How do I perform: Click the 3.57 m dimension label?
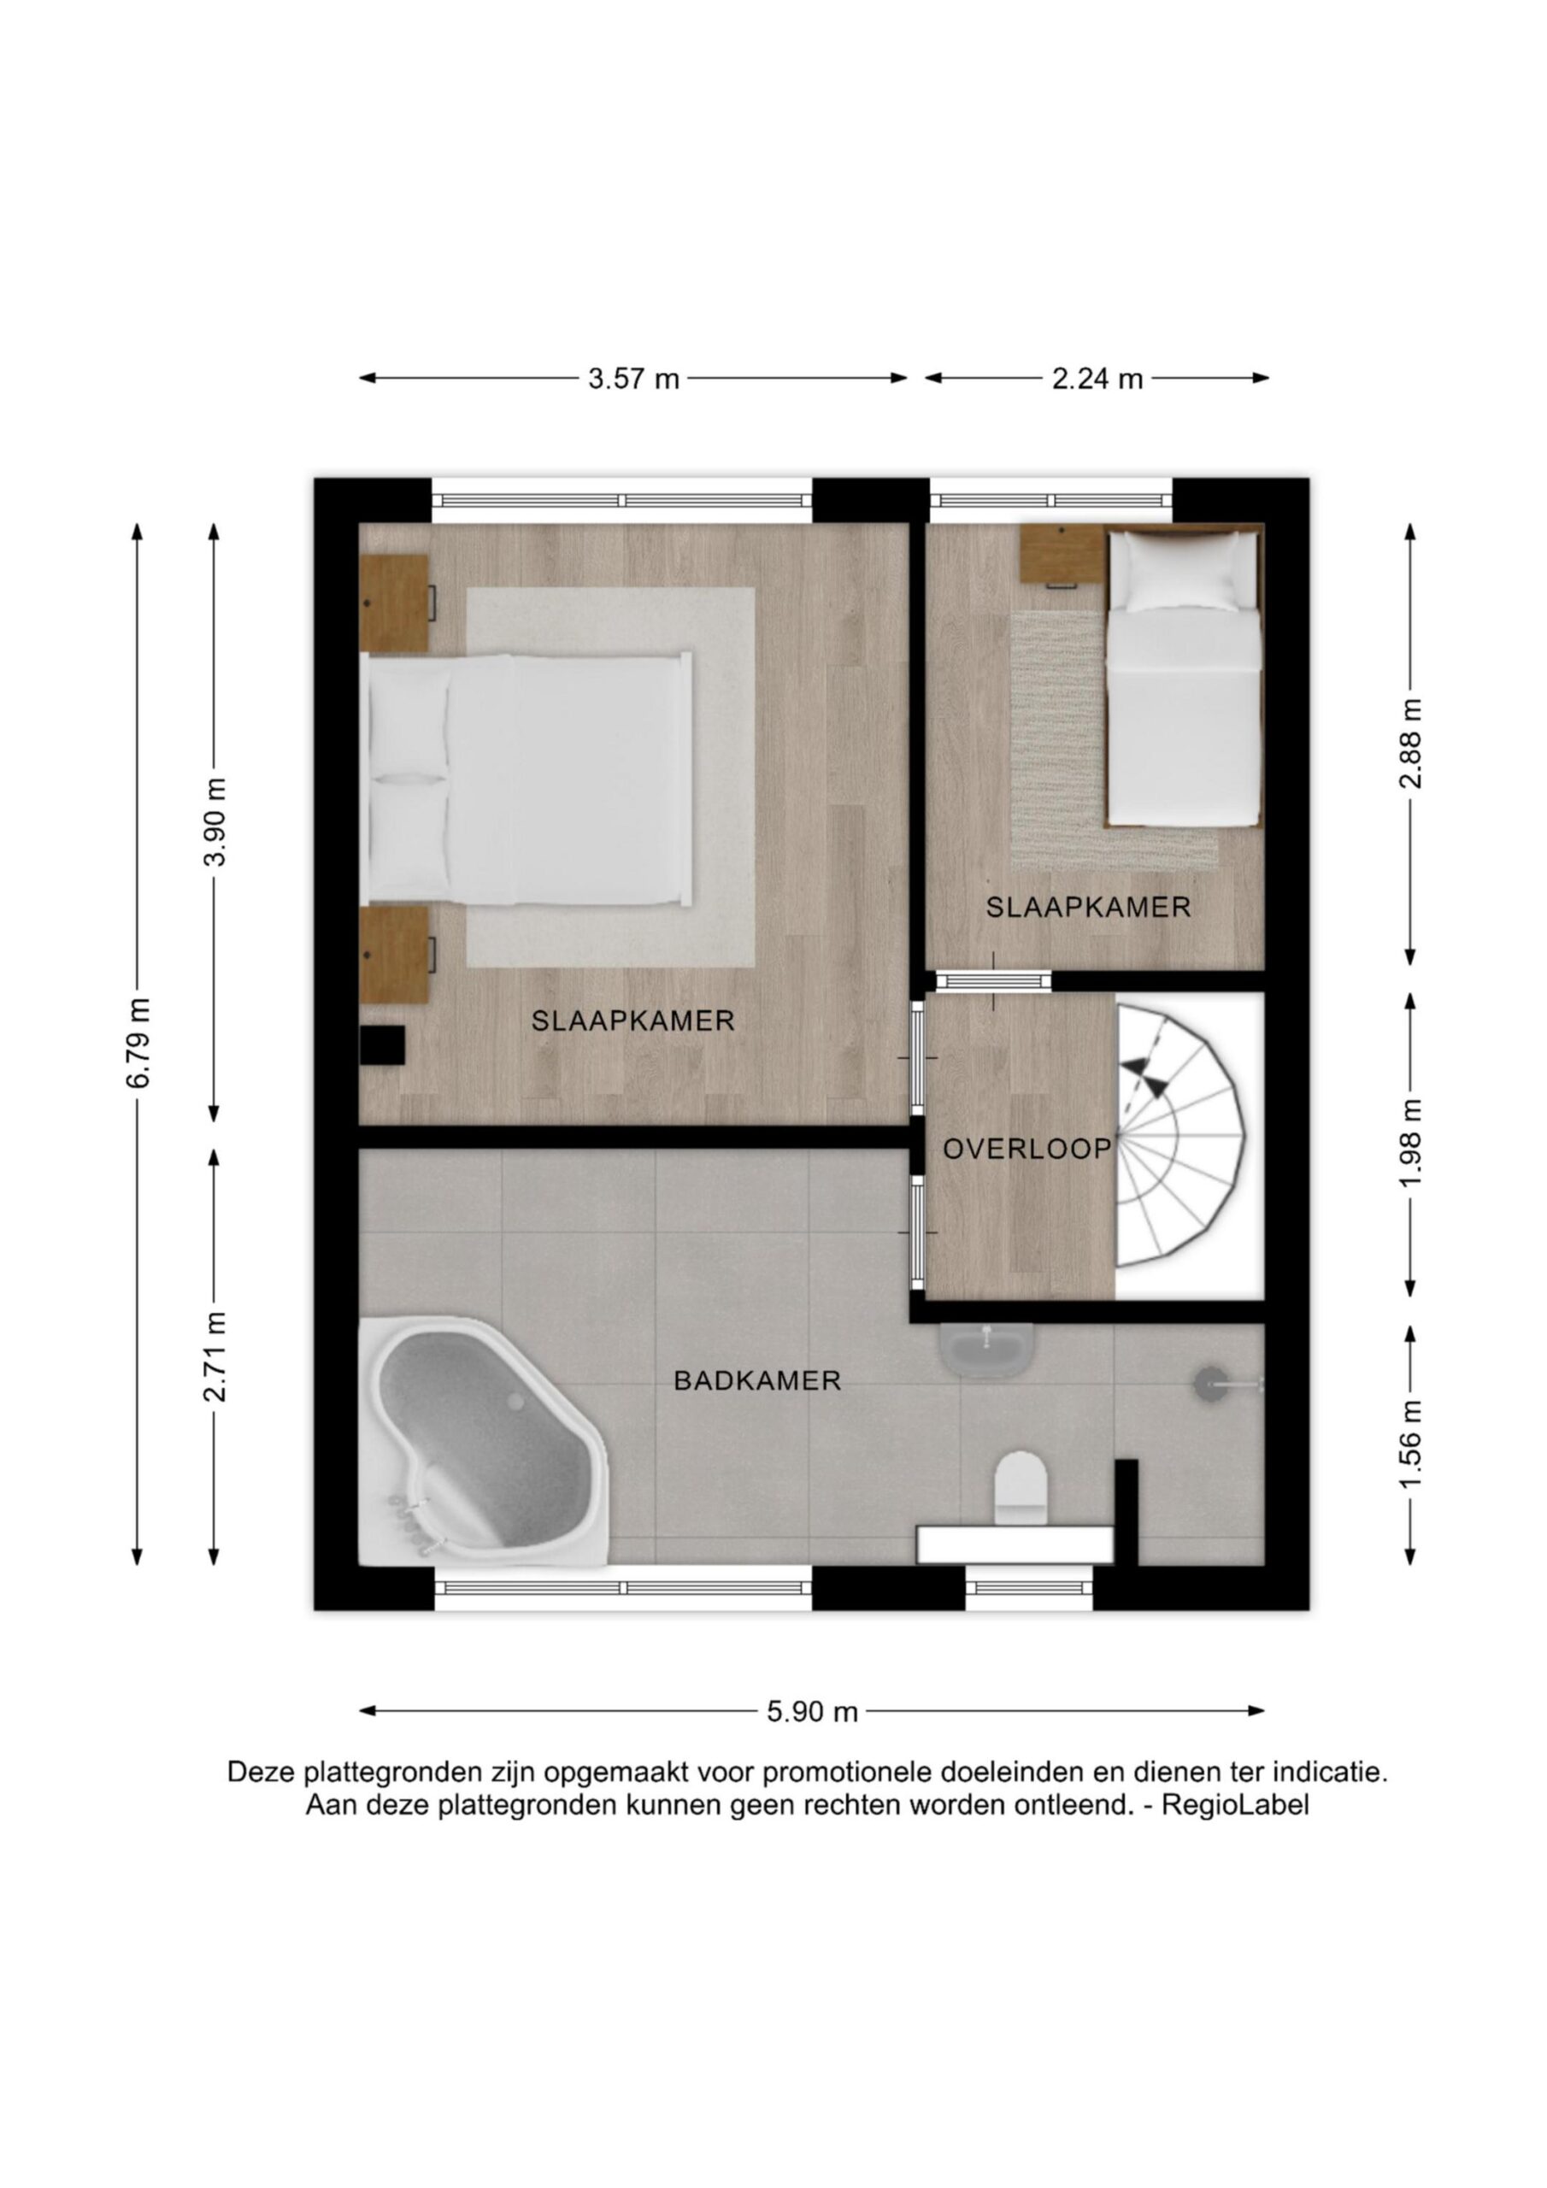pyautogui.click(x=633, y=379)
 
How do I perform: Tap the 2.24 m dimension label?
pyautogui.click(x=1097, y=379)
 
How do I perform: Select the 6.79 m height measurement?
pyautogui.click(x=138, y=1043)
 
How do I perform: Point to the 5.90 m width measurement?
pyautogui.click(x=812, y=1713)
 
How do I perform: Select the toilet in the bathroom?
pyautogui.click(x=1020, y=1489)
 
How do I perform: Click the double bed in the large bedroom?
pyautogui.click(x=526, y=778)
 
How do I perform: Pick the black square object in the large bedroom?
pyautogui.click(x=382, y=1045)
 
